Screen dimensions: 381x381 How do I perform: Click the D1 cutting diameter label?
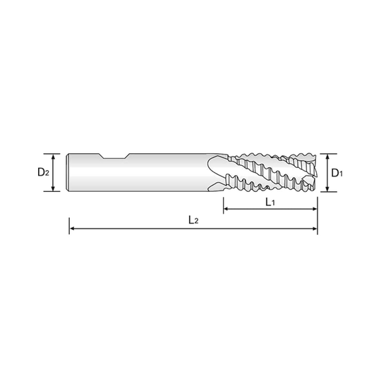coord(337,171)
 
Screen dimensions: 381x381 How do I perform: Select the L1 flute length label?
coord(270,202)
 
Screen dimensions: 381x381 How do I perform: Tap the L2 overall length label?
coord(192,221)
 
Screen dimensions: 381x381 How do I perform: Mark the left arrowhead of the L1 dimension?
coord(226,208)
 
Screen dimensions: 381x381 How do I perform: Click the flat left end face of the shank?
coord(64,171)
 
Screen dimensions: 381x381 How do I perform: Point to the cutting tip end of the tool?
coord(317,171)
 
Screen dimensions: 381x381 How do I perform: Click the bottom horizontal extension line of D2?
coord(49,191)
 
